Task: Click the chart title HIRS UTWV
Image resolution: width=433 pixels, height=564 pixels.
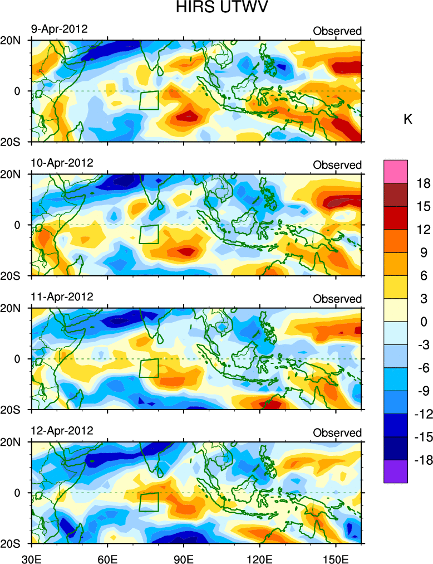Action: (216, 8)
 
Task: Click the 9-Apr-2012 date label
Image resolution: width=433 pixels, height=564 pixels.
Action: (58, 30)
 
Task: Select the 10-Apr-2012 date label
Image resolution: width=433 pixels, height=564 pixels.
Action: (61, 163)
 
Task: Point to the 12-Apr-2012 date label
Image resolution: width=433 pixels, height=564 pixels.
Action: (61, 431)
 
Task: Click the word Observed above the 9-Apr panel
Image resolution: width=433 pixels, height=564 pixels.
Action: (337, 31)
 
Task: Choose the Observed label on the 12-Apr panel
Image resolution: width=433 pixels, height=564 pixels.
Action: (337, 433)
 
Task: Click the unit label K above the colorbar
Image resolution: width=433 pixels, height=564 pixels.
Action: (407, 119)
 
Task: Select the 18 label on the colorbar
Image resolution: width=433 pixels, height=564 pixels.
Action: (424, 184)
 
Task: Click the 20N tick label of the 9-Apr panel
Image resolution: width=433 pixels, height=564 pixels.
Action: (12, 41)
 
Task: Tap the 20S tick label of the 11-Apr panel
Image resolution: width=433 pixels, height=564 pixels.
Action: (12, 410)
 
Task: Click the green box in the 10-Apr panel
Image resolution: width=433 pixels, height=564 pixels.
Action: (149, 234)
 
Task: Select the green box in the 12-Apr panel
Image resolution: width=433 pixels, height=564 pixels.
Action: (149, 502)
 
